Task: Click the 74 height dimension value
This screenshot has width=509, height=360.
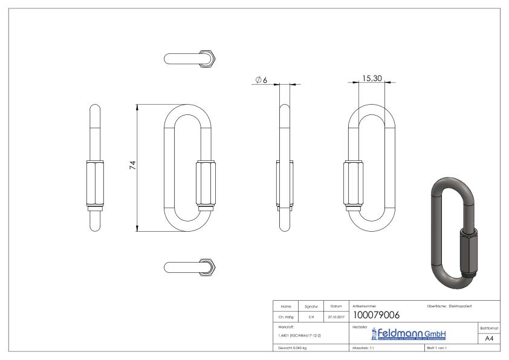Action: (x=132, y=166)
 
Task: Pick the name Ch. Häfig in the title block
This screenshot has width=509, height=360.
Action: (x=287, y=316)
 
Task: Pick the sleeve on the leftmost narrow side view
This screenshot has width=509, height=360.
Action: (x=96, y=185)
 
